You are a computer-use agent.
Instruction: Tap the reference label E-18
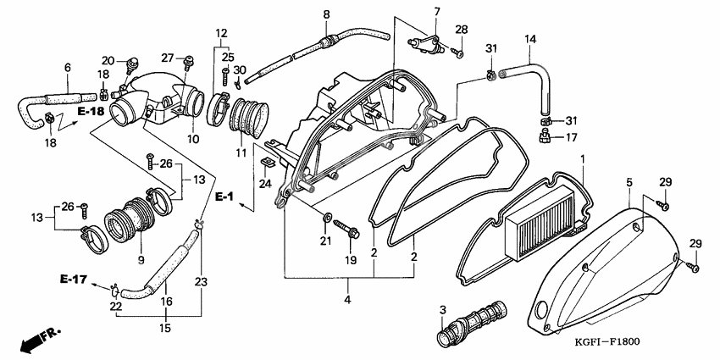[91, 111]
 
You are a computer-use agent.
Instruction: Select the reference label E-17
[72, 279]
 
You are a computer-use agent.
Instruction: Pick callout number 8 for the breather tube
[326, 14]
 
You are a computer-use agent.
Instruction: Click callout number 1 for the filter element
[583, 159]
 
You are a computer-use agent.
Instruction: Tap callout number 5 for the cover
[629, 182]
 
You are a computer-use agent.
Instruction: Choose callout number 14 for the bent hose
[530, 39]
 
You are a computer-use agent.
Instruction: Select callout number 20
[108, 61]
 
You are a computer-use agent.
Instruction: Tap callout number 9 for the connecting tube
[141, 259]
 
